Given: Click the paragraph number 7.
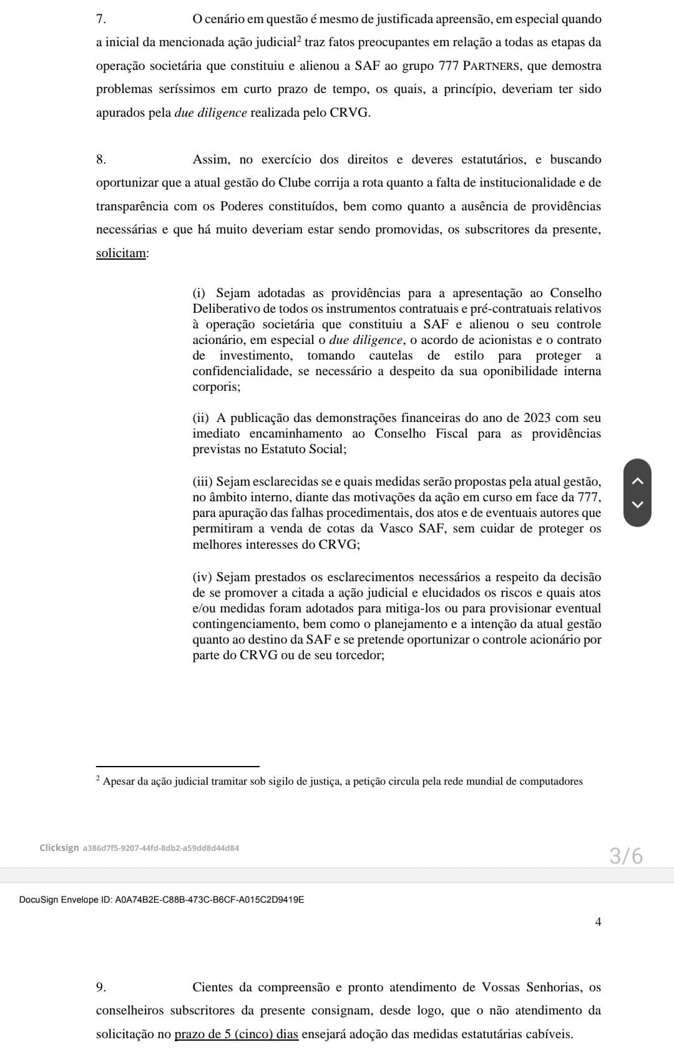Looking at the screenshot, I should (x=100, y=19).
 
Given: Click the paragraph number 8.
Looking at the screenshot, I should (x=100, y=160).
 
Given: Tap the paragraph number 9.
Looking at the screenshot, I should (x=100, y=988).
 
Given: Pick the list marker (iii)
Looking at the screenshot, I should (x=203, y=482).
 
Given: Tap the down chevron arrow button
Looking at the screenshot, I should (x=637, y=504).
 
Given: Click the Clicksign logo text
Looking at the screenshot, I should (x=59, y=848).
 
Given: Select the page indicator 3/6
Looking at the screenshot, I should (x=626, y=856).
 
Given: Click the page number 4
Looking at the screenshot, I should (x=598, y=922).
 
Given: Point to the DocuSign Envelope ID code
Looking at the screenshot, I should (x=210, y=900).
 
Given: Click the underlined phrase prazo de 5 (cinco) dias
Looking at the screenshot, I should (x=237, y=1034).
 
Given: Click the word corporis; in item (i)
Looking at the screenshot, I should (x=217, y=387).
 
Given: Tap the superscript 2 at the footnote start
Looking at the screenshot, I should (x=98, y=779).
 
